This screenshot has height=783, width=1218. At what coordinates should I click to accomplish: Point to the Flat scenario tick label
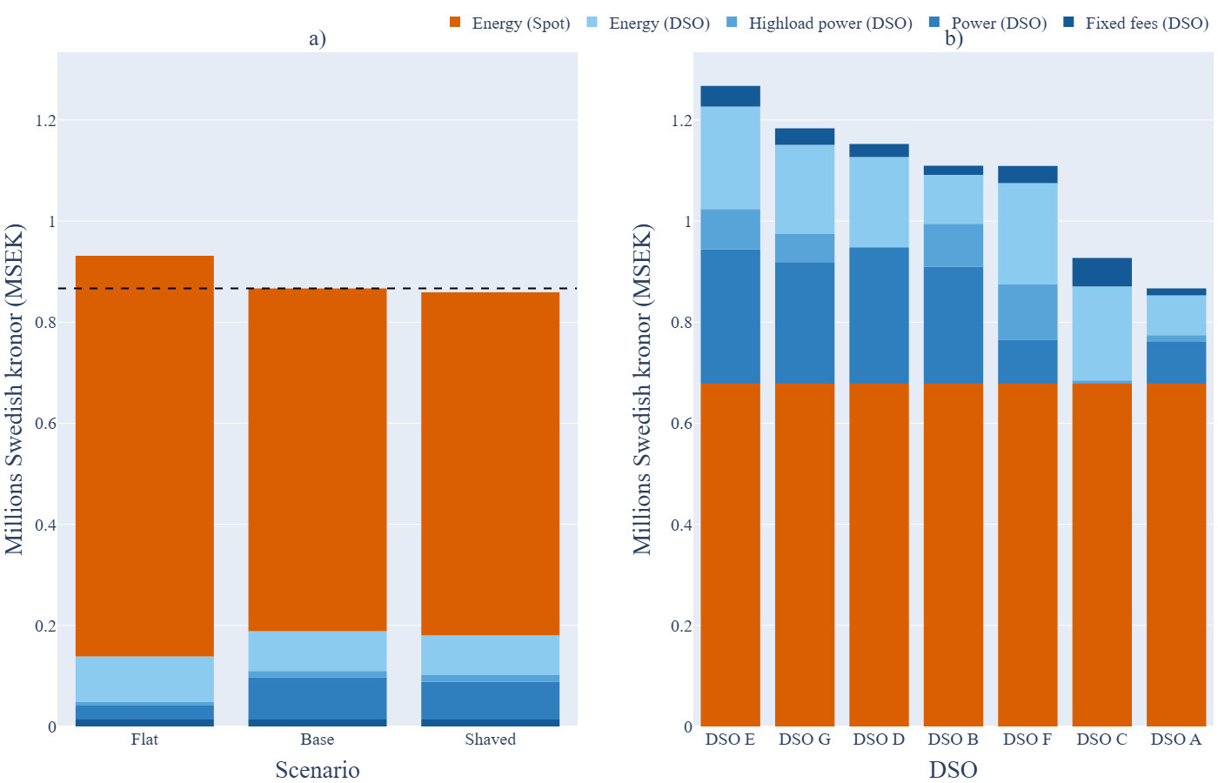click(144, 739)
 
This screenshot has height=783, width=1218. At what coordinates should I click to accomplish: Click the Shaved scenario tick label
click(490, 739)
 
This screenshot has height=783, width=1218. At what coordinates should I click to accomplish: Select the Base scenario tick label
click(318, 739)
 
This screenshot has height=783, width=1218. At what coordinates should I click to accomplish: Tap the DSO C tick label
click(1101, 739)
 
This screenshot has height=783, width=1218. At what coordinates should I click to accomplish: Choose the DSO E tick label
click(730, 739)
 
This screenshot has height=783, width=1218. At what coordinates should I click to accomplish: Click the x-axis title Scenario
click(318, 770)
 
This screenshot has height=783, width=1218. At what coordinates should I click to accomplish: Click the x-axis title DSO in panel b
click(953, 770)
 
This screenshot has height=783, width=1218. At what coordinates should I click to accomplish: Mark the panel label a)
click(318, 38)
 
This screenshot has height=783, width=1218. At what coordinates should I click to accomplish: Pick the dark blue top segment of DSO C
click(1102, 272)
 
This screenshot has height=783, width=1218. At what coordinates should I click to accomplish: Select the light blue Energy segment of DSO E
click(731, 157)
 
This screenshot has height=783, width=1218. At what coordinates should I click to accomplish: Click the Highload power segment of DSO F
click(1027, 312)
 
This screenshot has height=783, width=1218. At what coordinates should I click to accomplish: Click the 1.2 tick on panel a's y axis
click(45, 120)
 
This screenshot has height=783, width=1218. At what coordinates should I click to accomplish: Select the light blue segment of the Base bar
click(318, 651)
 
